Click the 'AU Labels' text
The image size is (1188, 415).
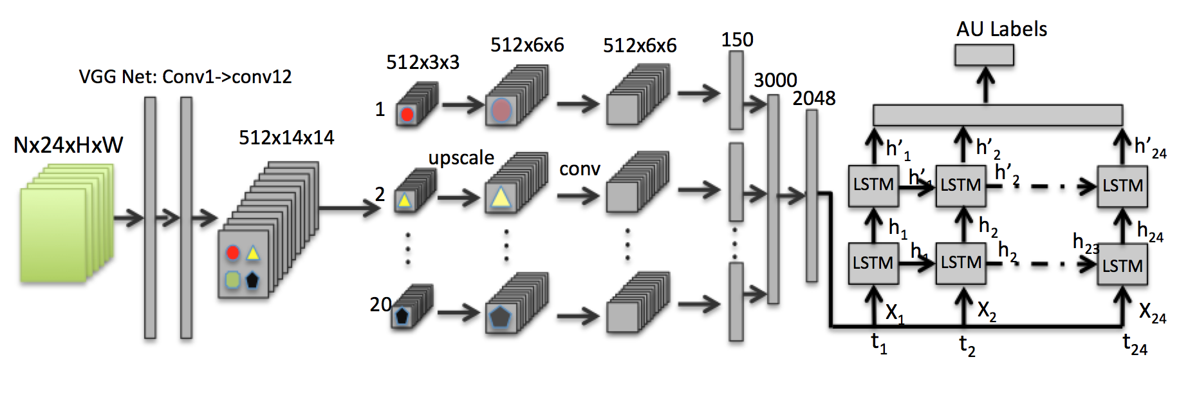1001,29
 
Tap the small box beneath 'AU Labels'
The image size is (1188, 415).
984,55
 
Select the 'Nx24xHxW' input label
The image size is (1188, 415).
68,145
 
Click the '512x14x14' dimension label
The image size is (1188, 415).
286,138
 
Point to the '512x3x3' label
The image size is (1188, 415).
423,63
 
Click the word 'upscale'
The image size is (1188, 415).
461,158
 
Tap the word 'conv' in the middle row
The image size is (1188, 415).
579,169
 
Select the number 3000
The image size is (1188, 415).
775,81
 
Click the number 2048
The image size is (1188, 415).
814,99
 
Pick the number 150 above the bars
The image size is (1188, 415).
737,40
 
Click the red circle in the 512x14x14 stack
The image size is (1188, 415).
233,252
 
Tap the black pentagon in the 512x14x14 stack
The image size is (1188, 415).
252,280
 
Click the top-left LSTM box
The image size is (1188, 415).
873,186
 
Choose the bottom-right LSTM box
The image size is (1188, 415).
1122,265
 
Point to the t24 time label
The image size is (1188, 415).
1135,344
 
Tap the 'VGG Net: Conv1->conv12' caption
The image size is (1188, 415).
185,77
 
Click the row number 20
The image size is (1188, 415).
380,304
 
